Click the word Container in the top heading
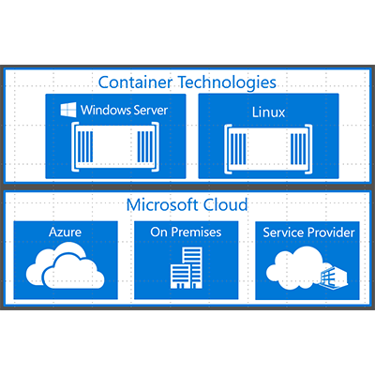[x=135, y=82]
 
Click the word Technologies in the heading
[x=227, y=82]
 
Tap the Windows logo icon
[x=68, y=110]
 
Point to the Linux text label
[x=268, y=112]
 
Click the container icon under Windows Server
[x=115, y=146]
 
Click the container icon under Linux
[x=268, y=149]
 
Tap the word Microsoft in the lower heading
[x=162, y=205]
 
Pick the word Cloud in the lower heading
[x=225, y=205]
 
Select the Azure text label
[x=66, y=232]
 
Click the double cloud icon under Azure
[x=65, y=265]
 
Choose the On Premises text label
[x=186, y=232]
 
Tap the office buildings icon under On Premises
[x=187, y=268]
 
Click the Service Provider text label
[x=308, y=232]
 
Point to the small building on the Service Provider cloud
[x=334, y=277]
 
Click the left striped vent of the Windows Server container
[x=85, y=146]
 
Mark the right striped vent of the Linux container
[x=298, y=149]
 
